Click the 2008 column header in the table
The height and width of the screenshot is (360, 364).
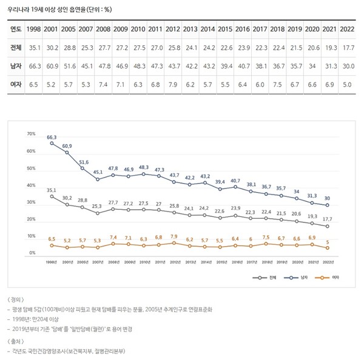pos(103,29)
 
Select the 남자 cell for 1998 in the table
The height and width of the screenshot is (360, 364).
pos(35,67)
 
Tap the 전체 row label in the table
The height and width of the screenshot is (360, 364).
pos(16,47)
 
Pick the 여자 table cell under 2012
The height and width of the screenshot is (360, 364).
pos(173,85)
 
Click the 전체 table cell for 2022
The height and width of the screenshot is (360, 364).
pos(348,47)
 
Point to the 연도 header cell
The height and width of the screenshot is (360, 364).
pos(16,29)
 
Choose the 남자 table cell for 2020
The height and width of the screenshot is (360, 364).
pos(312,67)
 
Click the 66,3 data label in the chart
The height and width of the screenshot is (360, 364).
pos(52,138)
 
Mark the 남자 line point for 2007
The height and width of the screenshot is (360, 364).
pos(98,180)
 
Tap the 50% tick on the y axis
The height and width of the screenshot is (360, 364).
pos(32,168)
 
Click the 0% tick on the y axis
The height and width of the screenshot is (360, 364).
pos(33,253)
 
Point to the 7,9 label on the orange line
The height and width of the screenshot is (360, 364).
pos(174,236)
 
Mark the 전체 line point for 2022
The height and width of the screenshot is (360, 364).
pos(328,226)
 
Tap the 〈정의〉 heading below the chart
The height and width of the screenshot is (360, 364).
pos(16,300)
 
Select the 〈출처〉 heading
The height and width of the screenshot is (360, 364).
pos(16,341)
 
